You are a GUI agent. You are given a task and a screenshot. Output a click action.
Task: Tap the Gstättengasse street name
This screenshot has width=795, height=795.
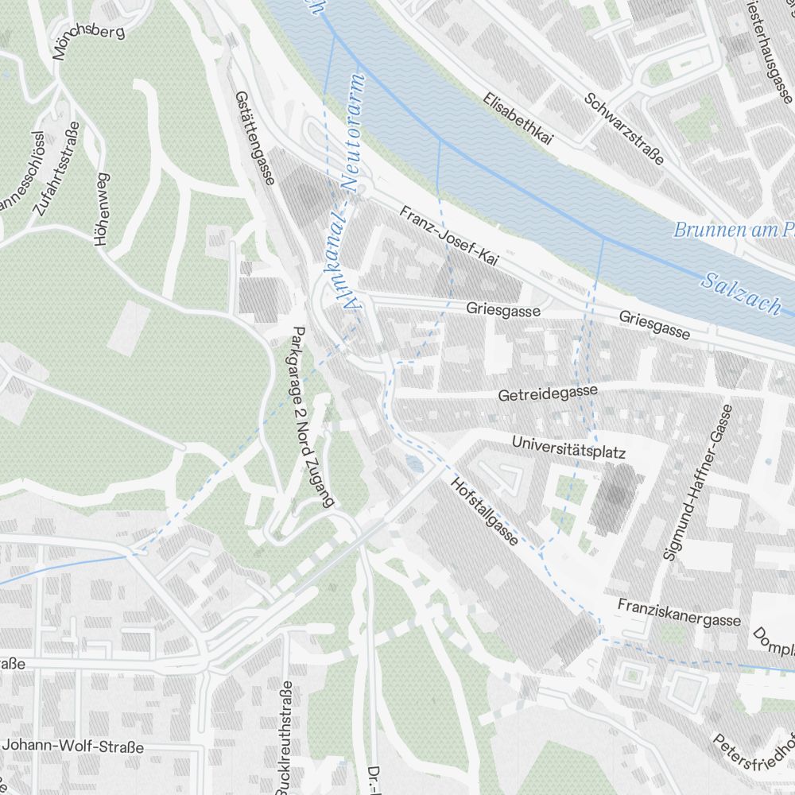click(x=254, y=137)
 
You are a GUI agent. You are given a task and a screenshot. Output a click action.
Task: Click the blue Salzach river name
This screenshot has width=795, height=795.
click(x=741, y=292)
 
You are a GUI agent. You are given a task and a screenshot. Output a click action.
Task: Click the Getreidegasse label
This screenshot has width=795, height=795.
click(x=548, y=393)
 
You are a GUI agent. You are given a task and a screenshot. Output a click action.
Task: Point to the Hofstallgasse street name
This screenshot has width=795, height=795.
click(x=484, y=511)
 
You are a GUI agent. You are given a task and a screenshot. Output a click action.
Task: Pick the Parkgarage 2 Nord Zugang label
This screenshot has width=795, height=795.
click(x=313, y=417)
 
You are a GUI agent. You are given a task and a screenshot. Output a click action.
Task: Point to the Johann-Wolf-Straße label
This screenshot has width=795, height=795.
click(x=73, y=747)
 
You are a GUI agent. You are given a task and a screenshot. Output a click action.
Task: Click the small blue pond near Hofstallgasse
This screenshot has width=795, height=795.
click(x=411, y=463)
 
